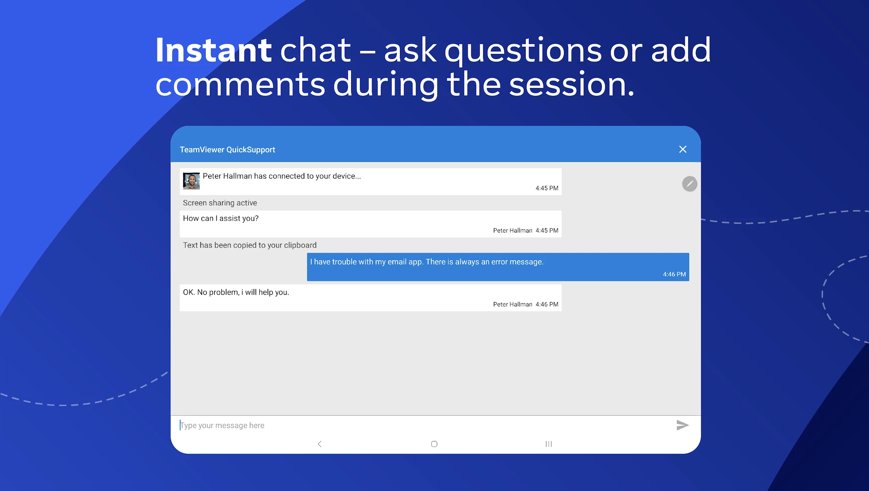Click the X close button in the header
pos(683,149)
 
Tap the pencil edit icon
pos(690,184)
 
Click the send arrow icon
pos(683,425)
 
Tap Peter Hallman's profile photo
pos(191,181)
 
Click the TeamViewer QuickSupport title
pos(227,150)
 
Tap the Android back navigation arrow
pos(320,444)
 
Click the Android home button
pos(434,444)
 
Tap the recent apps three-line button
pos(549,444)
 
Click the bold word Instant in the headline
pos(214,50)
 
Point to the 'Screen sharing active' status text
pos(220,203)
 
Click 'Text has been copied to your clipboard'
pos(250,245)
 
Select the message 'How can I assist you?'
pos(221,218)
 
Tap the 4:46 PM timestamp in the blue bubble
pos(674,274)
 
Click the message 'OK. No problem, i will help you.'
pos(236,292)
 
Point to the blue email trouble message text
pos(427,262)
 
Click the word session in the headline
pos(571,85)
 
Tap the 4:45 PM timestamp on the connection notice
pos(547,188)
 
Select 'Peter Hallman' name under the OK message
pos(512,304)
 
